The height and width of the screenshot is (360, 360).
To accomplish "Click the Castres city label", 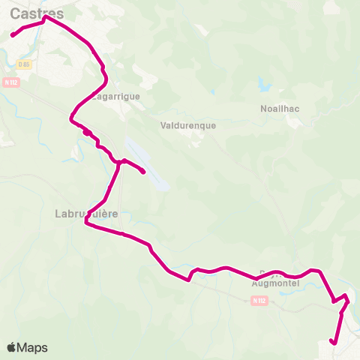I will click(33, 13).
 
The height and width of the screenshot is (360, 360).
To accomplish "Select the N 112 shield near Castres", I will click(10, 82).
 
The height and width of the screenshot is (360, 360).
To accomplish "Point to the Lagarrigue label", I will click(116, 96).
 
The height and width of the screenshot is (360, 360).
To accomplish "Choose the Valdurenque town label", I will click(188, 125).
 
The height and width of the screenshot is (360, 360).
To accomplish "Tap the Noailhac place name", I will click(280, 108).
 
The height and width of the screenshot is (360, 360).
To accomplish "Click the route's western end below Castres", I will click(13, 35).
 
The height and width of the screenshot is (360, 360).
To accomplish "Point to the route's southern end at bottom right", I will click(332, 343).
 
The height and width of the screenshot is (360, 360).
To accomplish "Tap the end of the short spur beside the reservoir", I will click(143, 173).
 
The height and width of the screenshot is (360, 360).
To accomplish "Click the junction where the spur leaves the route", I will click(120, 161).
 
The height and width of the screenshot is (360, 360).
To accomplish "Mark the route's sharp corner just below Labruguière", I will click(87, 223).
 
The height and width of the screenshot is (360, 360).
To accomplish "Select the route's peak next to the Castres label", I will click(46, 18).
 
